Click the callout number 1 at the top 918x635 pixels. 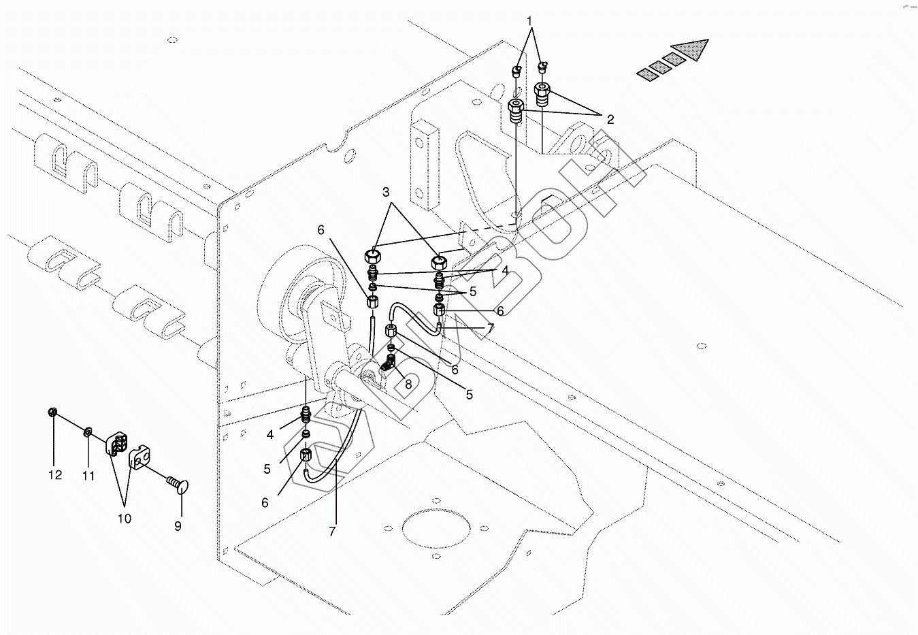click(531, 21)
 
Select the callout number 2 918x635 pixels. click(610, 120)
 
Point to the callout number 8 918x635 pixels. click(408, 383)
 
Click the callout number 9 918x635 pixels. click(178, 526)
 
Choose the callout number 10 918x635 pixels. click(124, 518)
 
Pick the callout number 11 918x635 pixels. click(88, 476)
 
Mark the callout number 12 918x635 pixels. click(54, 474)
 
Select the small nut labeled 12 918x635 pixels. click(53, 412)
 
